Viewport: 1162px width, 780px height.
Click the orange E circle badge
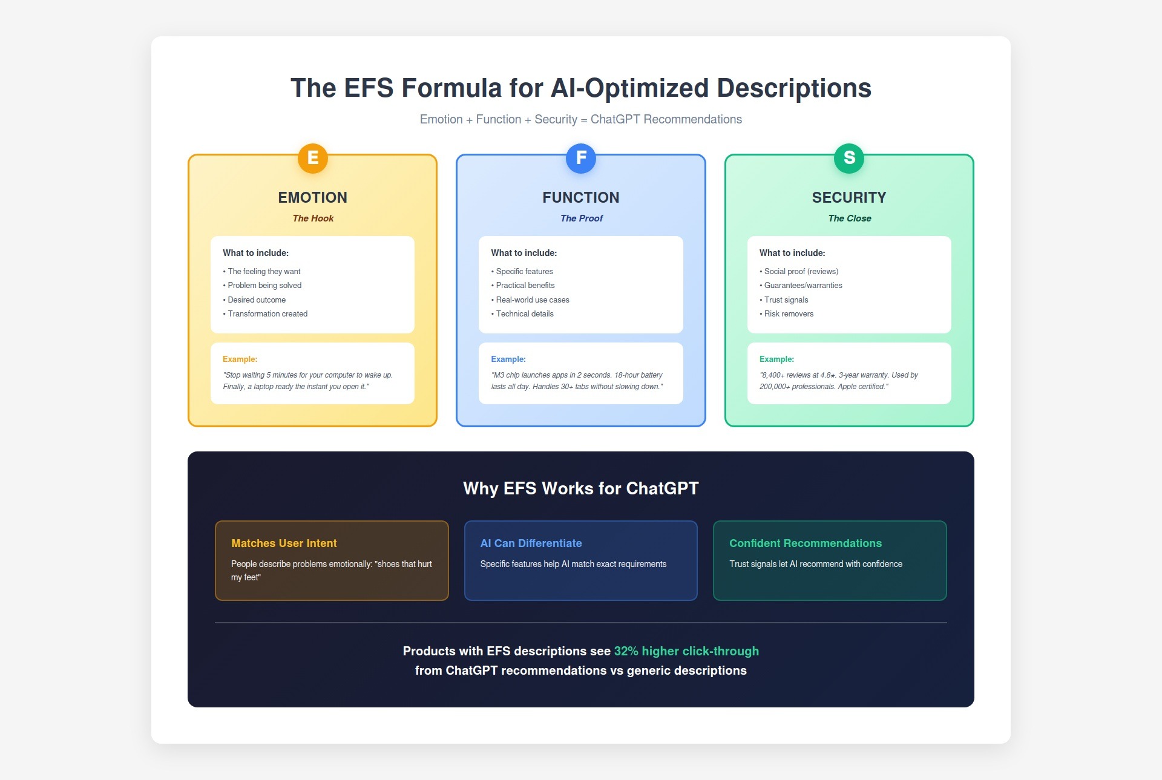pyautogui.click(x=312, y=158)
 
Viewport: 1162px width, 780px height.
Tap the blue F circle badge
pyautogui.click(x=581, y=158)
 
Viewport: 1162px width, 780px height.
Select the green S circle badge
pyautogui.click(x=849, y=158)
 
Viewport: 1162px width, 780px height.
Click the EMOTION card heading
pyautogui.click(x=312, y=197)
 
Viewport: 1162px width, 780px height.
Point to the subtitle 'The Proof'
pyautogui.click(x=581, y=218)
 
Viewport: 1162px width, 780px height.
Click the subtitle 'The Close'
pyautogui.click(x=849, y=218)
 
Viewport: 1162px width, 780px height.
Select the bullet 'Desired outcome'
pyautogui.click(x=257, y=300)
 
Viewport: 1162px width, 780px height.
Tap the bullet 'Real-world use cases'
pyautogui.click(x=533, y=300)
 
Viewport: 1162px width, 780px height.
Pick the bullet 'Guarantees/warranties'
pyautogui.click(x=803, y=286)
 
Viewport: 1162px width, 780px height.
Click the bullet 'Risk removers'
pyautogui.click(x=789, y=314)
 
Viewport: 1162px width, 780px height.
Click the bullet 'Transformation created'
pyautogui.click(x=268, y=314)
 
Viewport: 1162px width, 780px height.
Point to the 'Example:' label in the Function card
pyautogui.click(x=508, y=359)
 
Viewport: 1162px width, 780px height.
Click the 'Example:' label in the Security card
pyautogui.click(x=776, y=359)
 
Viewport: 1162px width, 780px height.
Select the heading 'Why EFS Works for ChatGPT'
pyautogui.click(x=581, y=488)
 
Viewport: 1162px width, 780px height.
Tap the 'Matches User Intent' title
pyautogui.click(x=284, y=543)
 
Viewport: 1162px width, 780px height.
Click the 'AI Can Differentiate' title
pyautogui.click(x=531, y=543)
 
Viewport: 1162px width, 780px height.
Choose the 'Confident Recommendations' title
pyautogui.click(x=805, y=543)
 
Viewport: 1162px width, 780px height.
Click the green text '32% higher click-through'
pyautogui.click(x=686, y=651)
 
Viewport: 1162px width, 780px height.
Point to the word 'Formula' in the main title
pyautogui.click(x=451, y=88)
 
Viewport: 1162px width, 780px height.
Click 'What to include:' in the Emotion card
pyautogui.click(x=255, y=253)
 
